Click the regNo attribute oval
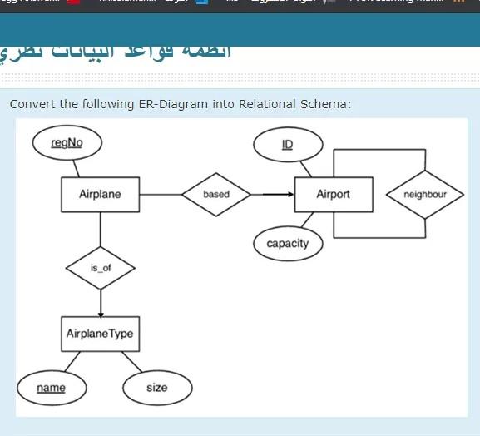point(67,143)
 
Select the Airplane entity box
point(100,195)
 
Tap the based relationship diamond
point(215,195)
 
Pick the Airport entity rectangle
point(333,195)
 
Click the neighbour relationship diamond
point(424,195)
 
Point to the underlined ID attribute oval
point(287,145)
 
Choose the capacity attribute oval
point(287,244)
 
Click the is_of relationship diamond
point(100,268)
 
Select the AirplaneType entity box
point(100,334)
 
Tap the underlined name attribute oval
point(51,388)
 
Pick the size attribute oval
point(156,388)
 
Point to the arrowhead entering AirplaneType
point(100,313)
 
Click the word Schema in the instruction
point(325,104)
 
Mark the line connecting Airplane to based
point(161,195)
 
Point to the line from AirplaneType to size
point(131,363)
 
